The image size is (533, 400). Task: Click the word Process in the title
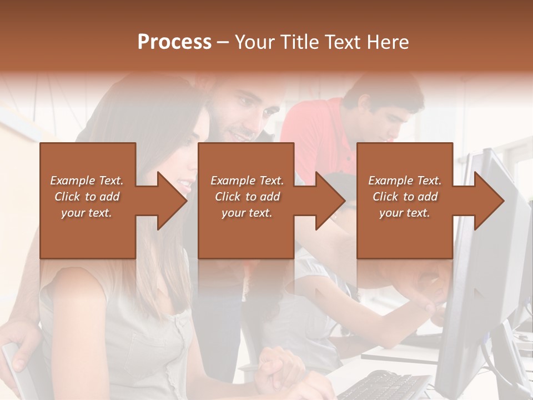pyautogui.click(x=174, y=42)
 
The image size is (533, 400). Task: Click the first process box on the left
pyautogui.click(x=88, y=233)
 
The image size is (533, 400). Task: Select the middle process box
pyautogui.click(x=246, y=233)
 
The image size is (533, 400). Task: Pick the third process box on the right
pyautogui.click(x=405, y=233)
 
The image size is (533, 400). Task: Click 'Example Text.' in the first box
pyautogui.click(x=87, y=181)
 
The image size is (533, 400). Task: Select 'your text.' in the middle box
pyautogui.click(x=247, y=213)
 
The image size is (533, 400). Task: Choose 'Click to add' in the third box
pyautogui.click(x=405, y=197)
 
